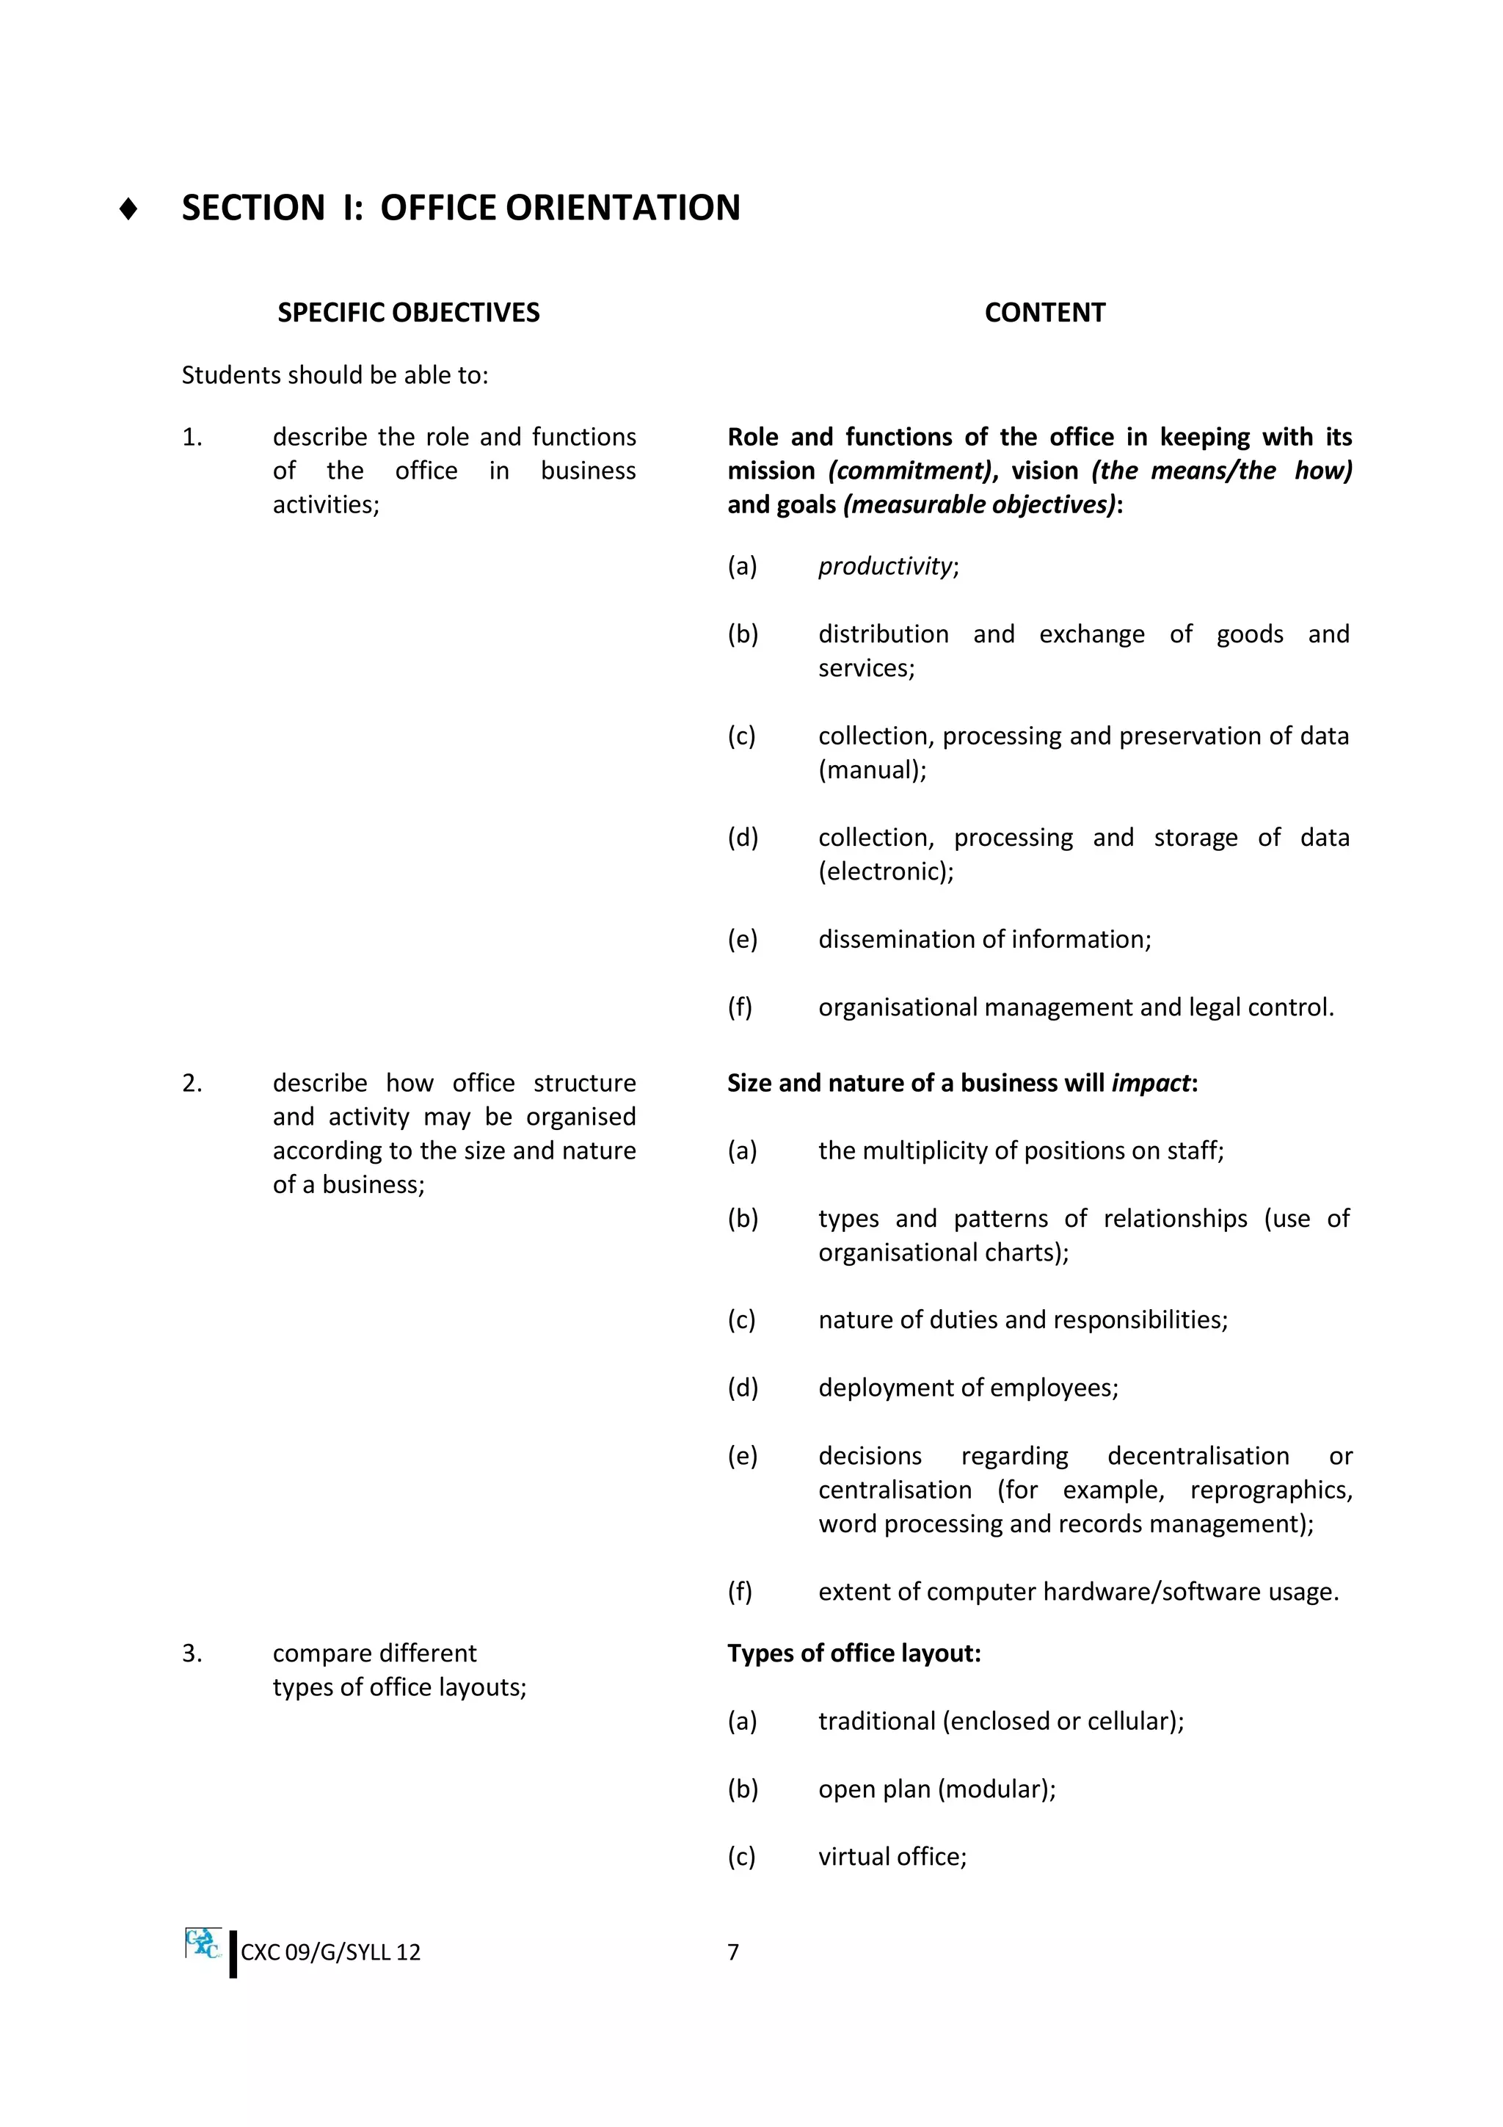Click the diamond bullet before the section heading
128,209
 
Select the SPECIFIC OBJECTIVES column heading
407,312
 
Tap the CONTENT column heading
1044,312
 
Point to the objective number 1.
192,438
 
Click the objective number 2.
192,1083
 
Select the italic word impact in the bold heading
1150,1083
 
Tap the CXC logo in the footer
203,1943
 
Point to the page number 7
732,1952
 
